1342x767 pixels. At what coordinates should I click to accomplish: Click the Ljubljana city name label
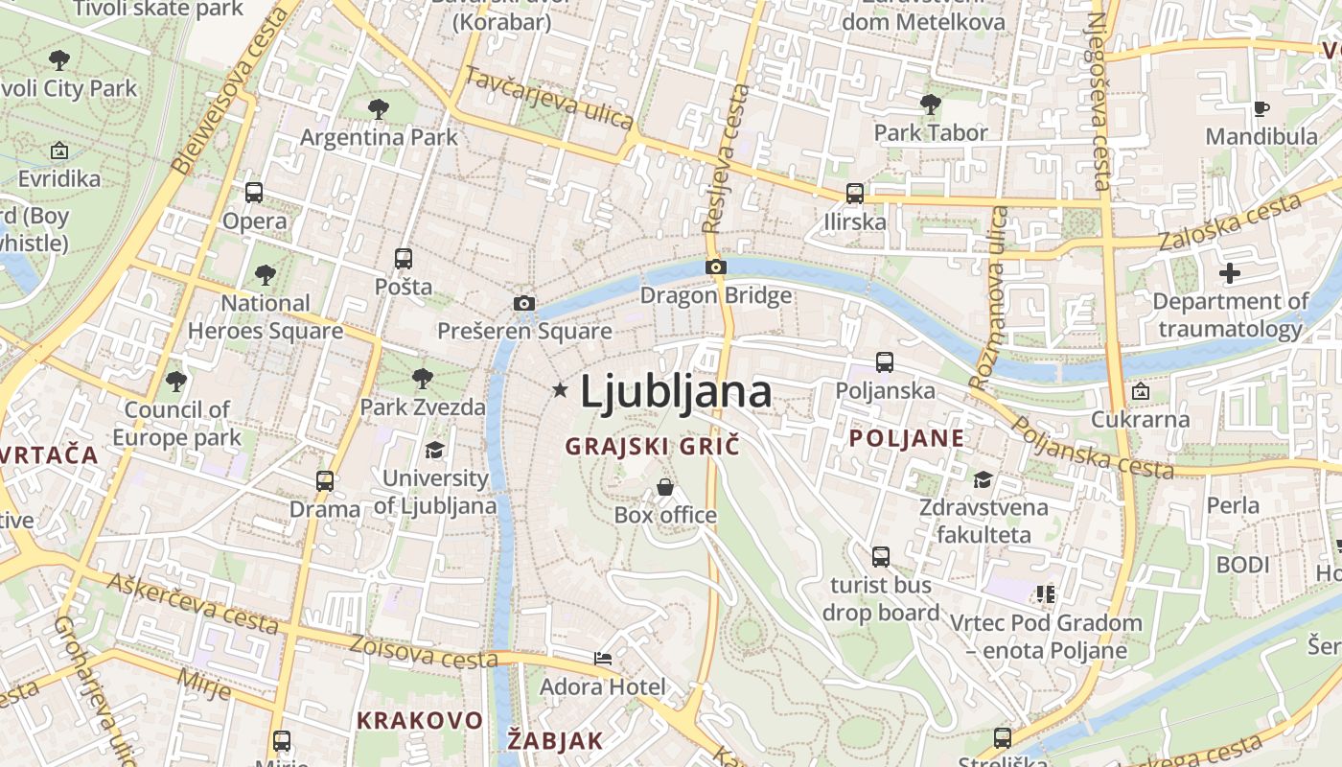[x=676, y=392]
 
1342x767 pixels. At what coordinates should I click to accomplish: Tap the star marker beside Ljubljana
[x=560, y=389]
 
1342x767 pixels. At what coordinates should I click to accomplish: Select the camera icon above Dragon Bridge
[x=716, y=267]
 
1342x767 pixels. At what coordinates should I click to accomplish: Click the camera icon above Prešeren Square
[x=523, y=304]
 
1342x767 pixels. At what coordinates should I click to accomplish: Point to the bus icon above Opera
[x=254, y=193]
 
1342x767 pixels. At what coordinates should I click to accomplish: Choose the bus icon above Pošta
[x=404, y=259]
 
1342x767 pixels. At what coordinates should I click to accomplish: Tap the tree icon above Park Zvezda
[x=422, y=379]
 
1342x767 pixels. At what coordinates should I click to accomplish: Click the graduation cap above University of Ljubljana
[x=435, y=450]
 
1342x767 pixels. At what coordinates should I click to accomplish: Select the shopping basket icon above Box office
[x=665, y=488]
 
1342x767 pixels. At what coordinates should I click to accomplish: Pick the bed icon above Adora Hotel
[x=602, y=659]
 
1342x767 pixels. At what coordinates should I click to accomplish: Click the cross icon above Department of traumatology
[x=1229, y=274]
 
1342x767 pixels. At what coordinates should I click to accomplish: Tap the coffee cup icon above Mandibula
[x=1261, y=108]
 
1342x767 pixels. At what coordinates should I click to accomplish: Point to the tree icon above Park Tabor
[x=930, y=105]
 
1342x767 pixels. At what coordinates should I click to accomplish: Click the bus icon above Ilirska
[x=855, y=194]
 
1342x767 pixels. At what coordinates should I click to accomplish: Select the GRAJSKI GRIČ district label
[x=653, y=446]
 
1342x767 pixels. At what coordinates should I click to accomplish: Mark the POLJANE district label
[x=907, y=438]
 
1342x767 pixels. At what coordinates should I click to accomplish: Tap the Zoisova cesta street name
[x=424, y=652]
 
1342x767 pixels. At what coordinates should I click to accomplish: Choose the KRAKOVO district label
[x=420, y=720]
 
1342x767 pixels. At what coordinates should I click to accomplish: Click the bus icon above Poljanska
[x=885, y=362]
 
